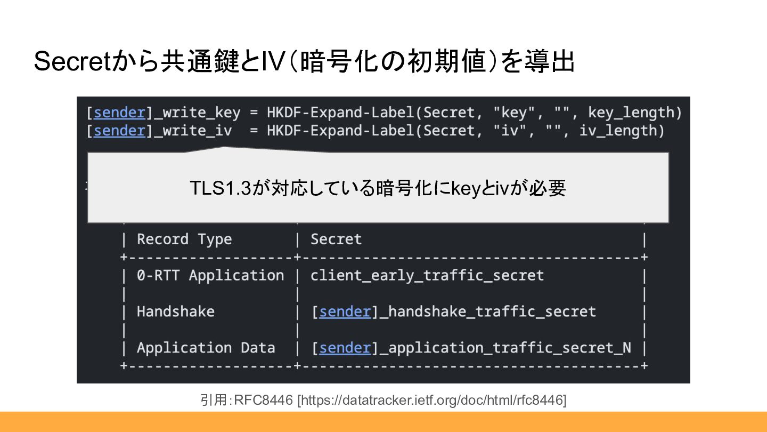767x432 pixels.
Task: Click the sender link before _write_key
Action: pyautogui.click(x=119, y=113)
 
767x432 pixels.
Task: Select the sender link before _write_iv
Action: pyautogui.click(x=119, y=131)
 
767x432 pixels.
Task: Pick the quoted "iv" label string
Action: pyautogui.click(x=510, y=131)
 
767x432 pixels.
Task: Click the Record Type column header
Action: pyautogui.click(x=184, y=239)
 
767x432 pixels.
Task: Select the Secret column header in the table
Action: pyautogui.click(x=336, y=239)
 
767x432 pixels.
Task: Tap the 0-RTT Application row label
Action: pyautogui.click(x=210, y=276)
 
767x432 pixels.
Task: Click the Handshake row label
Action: pyautogui.click(x=176, y=311)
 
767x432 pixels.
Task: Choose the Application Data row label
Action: pyautogui.click(x=206, y=348)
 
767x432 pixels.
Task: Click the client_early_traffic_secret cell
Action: pyautogui.click(x=427, y=276)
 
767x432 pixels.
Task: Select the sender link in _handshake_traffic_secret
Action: pyautogui.click(x=345, y=311)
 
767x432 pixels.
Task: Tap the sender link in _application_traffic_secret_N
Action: pyautogui.click(x=345, y=348)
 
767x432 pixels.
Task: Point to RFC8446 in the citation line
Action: pyautogui.click(x=264, y=400)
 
